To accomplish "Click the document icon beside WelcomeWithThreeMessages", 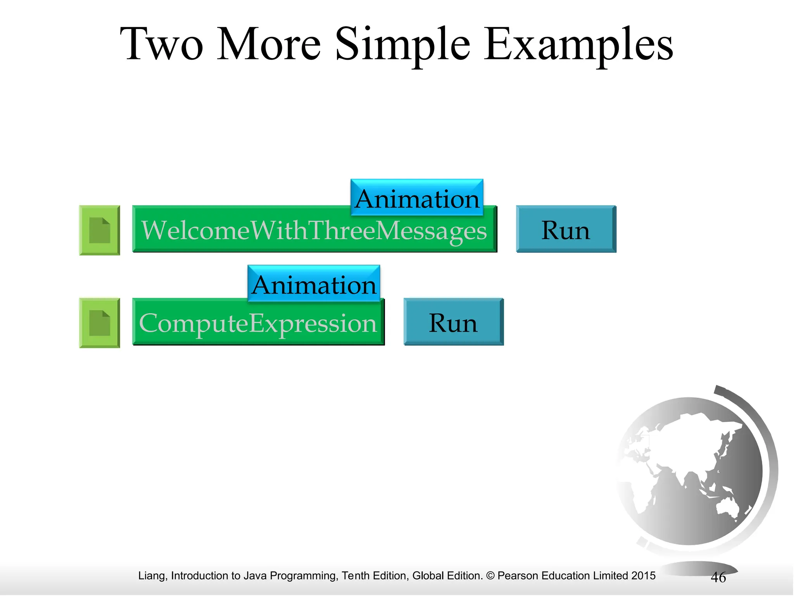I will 100,230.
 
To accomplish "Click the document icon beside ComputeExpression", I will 100,323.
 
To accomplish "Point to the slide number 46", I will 718,577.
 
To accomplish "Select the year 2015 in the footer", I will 643,576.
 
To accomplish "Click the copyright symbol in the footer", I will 490,576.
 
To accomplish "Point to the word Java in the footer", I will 255,576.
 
